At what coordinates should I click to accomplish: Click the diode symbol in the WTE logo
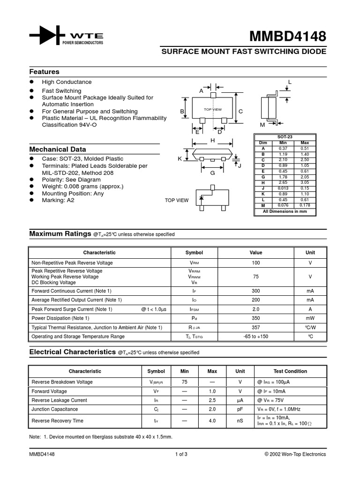click(46, 35)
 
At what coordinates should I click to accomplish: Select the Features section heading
click(45, 72)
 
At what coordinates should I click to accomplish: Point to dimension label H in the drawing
click(212, 140)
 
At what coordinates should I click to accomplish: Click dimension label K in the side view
click(180, 159)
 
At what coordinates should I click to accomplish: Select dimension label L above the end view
click(290, 82)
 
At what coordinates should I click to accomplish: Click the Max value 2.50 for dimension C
click(305, 160)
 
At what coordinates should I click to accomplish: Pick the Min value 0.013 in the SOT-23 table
click(283, 188)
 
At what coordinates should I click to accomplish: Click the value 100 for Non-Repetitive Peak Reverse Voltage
click(255, 263)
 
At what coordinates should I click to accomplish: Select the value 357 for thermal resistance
click(255, 327)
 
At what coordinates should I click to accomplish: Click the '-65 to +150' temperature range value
click(255, 337)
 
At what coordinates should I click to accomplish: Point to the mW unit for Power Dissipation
click(310, 318)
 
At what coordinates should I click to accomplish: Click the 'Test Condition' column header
click(290, 371)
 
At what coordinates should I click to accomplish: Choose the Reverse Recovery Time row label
click(57, 421)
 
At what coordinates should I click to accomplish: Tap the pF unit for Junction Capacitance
click(240, 409)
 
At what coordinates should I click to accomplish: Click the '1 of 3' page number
click(181, 454)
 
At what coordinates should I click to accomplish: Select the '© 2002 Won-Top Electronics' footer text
click(295, 454)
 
